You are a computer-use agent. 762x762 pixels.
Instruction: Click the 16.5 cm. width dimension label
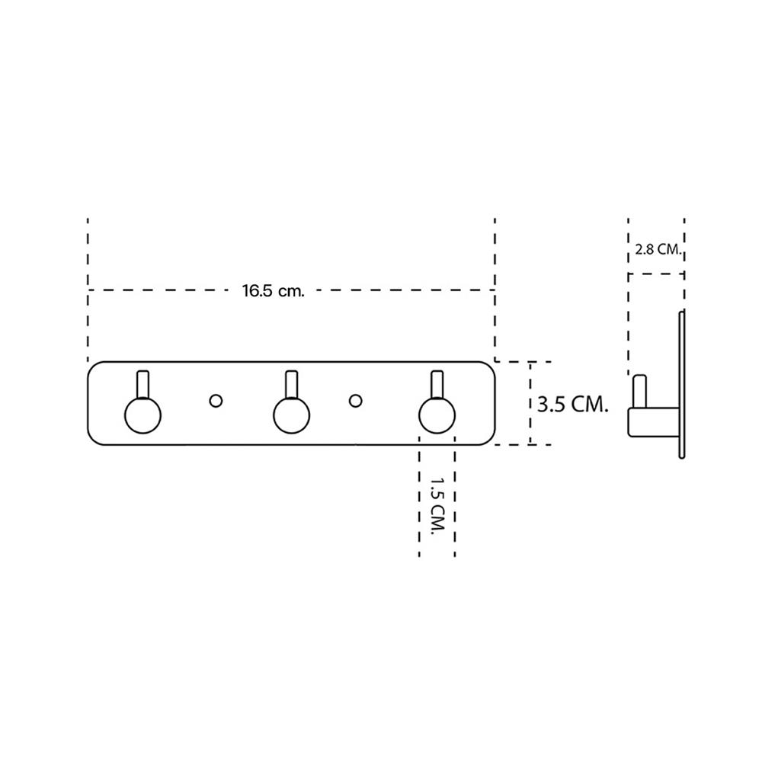pos(273,290)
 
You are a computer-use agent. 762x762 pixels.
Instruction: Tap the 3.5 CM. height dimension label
pos(571,404)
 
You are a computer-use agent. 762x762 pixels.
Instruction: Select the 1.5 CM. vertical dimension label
pos(437,507)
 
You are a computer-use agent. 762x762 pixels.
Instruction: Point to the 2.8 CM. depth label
pos(656,249)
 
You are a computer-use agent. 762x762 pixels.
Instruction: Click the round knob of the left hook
pos(142,417)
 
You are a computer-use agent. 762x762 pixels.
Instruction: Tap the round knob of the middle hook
pos(290,417)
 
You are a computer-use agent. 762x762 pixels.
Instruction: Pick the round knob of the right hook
pos(437,417)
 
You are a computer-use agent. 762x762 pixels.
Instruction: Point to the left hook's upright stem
pos(142,384)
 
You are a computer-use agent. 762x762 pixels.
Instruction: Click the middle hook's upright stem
pos(290,384)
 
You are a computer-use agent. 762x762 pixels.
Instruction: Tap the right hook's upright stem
pos(437,384)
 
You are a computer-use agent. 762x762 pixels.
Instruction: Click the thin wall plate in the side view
pos(681,384)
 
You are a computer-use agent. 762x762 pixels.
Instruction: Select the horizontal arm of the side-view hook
pos(652,422)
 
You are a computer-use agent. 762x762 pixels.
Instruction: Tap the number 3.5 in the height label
pos(550,404)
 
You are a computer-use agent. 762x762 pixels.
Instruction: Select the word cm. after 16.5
pos(291,290)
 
